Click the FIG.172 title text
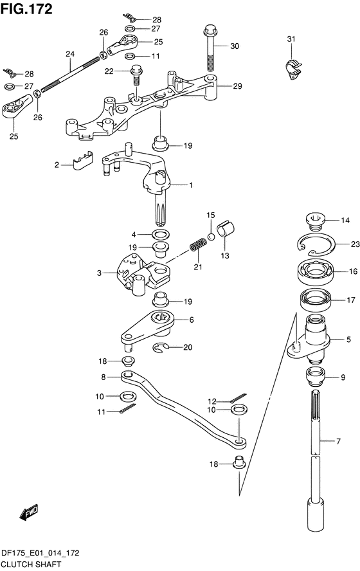coord(26,9)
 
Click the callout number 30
coord(235,46)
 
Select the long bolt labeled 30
coord(211,48)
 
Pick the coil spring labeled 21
coord(197,244)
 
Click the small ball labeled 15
coord(211,237)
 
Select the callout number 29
coord(237,86)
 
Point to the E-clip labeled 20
coord(160,348)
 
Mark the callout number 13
coord(225,256)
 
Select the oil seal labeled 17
coord(314,299)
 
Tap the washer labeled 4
coord(160,234)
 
